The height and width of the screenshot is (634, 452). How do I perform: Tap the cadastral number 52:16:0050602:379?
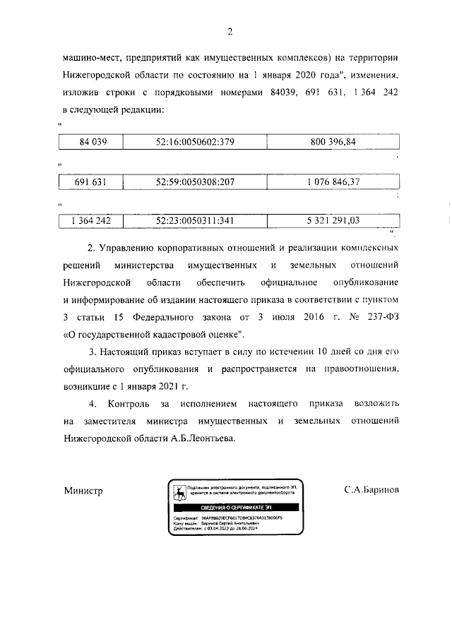click(195, 142)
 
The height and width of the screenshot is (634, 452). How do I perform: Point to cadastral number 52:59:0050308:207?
click(195, 181)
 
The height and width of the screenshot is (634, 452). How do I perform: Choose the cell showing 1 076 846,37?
click(333, 181)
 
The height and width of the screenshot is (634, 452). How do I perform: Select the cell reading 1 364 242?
click(91, 220)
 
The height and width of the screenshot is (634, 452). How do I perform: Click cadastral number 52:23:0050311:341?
click(195, 220)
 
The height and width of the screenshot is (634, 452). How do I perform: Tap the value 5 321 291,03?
click(333, 220)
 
